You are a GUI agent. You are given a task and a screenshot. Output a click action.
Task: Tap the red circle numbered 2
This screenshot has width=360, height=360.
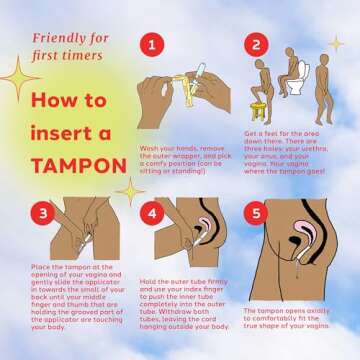pos(255,45)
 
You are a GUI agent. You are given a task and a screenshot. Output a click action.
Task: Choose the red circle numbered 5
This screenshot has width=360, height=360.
pos(255,214)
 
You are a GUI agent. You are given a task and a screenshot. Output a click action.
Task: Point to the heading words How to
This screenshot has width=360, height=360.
pos(68,101)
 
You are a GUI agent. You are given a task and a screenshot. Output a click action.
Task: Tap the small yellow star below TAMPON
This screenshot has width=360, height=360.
pos(129,190)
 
